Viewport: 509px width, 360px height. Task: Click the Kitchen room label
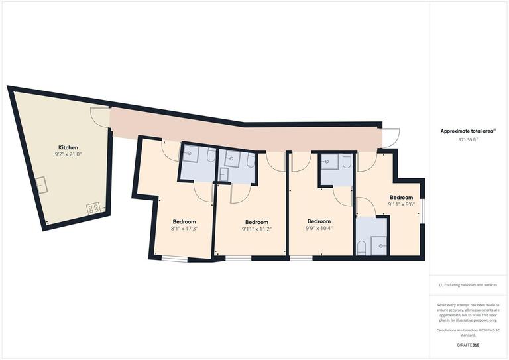pyautogui.click(x=68, y=147)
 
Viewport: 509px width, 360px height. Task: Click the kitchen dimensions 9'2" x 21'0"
pyautogui.click(x=68, y=154)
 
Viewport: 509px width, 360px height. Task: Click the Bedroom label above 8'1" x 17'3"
pyautogui.click(x=184, y=221)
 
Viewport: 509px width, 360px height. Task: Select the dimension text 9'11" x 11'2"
pyautogui.click(x=256, y=229)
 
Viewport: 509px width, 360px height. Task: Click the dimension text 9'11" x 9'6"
pyautogui.click(x=401, y=205)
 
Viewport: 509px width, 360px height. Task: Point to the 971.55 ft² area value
pyautogui.click(x=468, y=140)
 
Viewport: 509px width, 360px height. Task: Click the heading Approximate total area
pyautogui.click(x=467, y=131)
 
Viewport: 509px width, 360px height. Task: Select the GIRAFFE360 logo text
pyautogui.click(x=468, y=346)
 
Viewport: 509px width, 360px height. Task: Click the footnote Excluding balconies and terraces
pyautogui.click(x=468, y=285)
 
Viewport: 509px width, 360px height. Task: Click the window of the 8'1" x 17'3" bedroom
pyautogui.click(x=176, y=258)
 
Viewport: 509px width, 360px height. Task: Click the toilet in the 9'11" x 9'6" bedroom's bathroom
pyautogui.click(x=362, y=248)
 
